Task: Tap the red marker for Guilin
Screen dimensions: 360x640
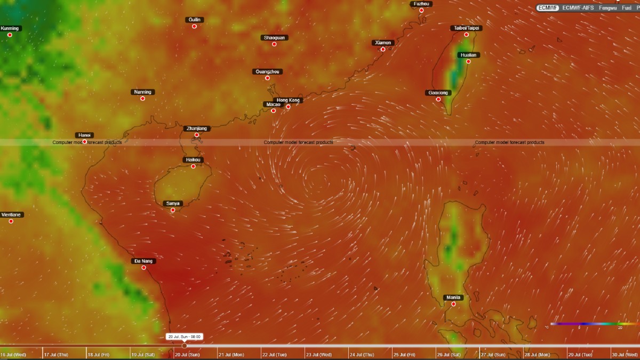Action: [x=194, y=26]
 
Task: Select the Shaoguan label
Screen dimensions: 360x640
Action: [x=275, y=37]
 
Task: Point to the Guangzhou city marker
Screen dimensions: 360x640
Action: [x=267, y=78]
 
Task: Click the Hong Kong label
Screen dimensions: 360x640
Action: [x=289, y=100]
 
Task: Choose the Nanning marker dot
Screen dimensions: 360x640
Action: [x=142, y=98]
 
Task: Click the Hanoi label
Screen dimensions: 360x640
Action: [x=84, y=135]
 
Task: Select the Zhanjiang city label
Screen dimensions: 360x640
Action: [x=196, y=129]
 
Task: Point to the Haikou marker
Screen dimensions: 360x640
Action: [x=193, y=166]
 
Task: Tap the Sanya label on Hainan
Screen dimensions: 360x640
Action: [x=173, y=203]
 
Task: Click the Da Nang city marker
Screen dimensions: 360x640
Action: [x=143, y=267]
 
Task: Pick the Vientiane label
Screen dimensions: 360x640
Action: [x=11, y=214]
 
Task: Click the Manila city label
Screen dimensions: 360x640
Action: [x=453, y=297]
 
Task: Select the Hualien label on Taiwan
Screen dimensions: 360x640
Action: [x=468, y=55]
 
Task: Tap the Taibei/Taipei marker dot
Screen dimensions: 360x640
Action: [x=466, y=35]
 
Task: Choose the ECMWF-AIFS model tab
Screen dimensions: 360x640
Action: [x=578, y=8]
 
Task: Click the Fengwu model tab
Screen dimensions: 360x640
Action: [x=607, y=8]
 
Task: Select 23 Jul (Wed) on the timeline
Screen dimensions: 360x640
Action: [x=318, y=355]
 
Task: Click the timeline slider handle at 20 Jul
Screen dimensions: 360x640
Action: [x=185, y=346]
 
